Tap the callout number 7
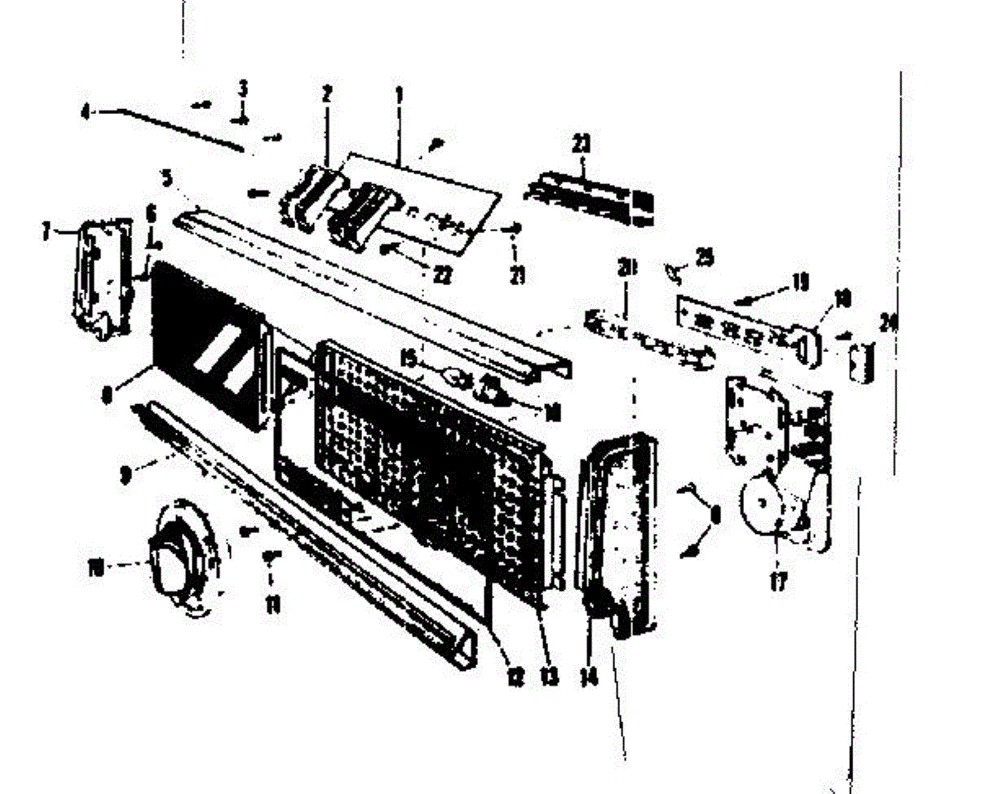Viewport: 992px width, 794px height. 47,231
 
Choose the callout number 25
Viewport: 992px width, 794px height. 703,258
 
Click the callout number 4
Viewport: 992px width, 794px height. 85,111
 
